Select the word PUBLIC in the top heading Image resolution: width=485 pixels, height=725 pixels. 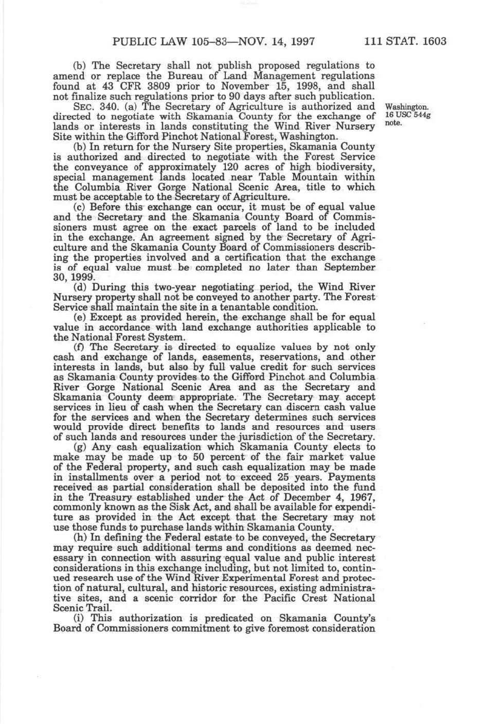pos(134,41)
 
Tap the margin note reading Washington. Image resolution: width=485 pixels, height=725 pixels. pos(407,107)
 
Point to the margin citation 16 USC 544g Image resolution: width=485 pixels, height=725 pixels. pos(407,115)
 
